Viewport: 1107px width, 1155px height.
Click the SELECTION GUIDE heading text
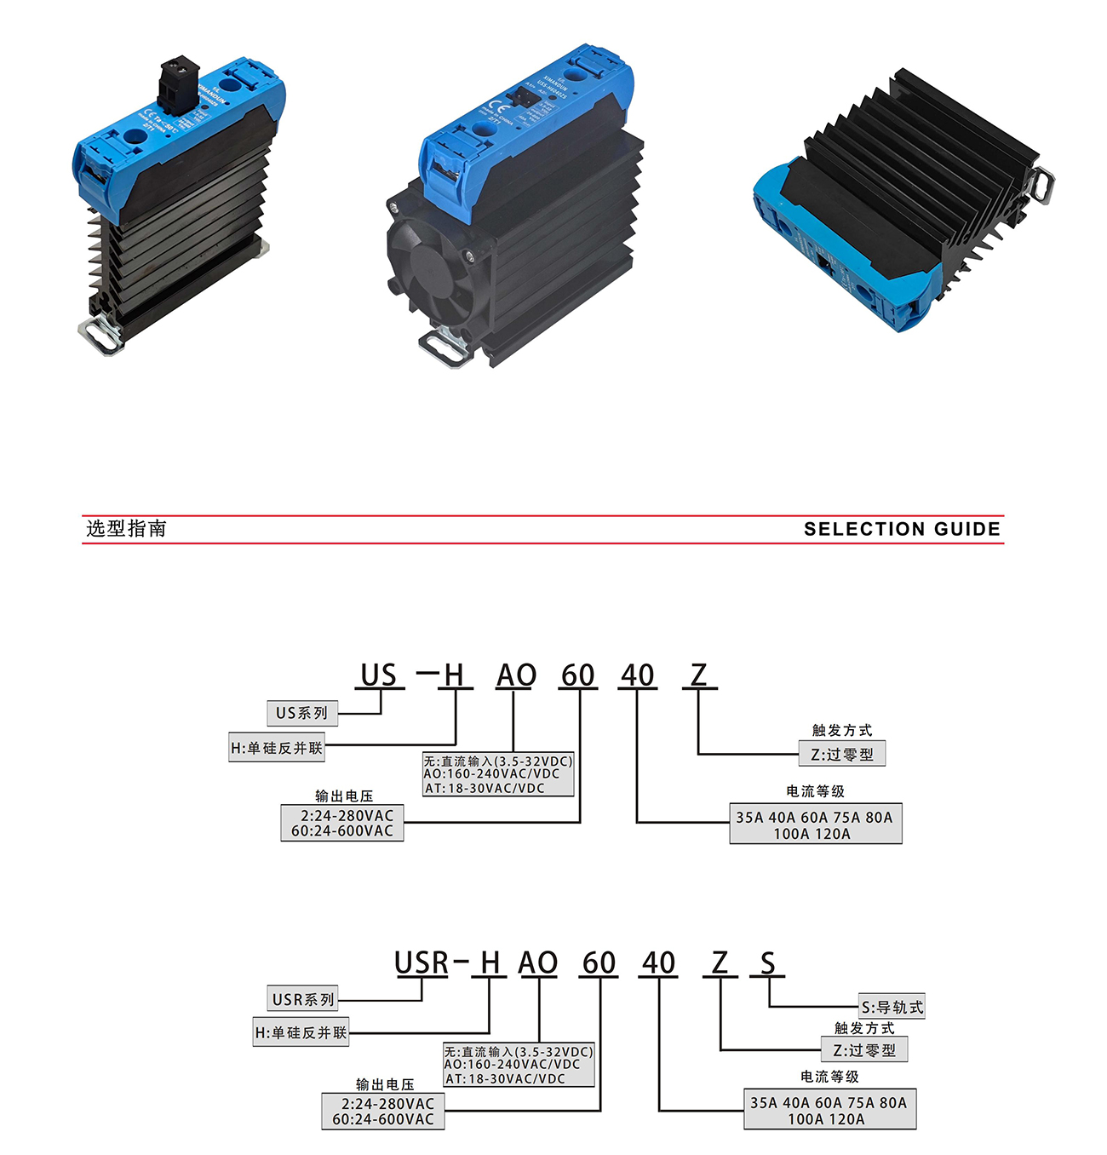coord(902,529)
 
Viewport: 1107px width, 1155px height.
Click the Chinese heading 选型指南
coord(126,529)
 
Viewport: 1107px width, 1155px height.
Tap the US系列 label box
coord(302,713)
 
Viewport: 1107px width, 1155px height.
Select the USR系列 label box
coord(303,999)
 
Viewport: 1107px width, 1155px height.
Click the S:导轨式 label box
coord(892,1007)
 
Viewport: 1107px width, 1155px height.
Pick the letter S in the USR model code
coord(768,963)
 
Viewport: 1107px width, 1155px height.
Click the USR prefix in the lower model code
coord(422,963)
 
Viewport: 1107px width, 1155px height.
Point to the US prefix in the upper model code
coord(379,675)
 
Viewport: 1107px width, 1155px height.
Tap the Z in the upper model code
coord(699,675)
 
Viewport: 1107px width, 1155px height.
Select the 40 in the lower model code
coord(659,963)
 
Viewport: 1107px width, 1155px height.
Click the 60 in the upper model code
coord(578,675)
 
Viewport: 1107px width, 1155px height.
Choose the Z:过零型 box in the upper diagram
coord(842,754)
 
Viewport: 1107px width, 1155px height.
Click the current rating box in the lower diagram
coord(829,1110)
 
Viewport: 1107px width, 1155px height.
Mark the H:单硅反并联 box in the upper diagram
coord(277,748)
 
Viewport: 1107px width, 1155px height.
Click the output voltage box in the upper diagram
coord(342,823)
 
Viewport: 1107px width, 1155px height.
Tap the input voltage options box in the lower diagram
coord(519,1065)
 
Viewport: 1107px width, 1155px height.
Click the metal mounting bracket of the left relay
coord(102,336)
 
